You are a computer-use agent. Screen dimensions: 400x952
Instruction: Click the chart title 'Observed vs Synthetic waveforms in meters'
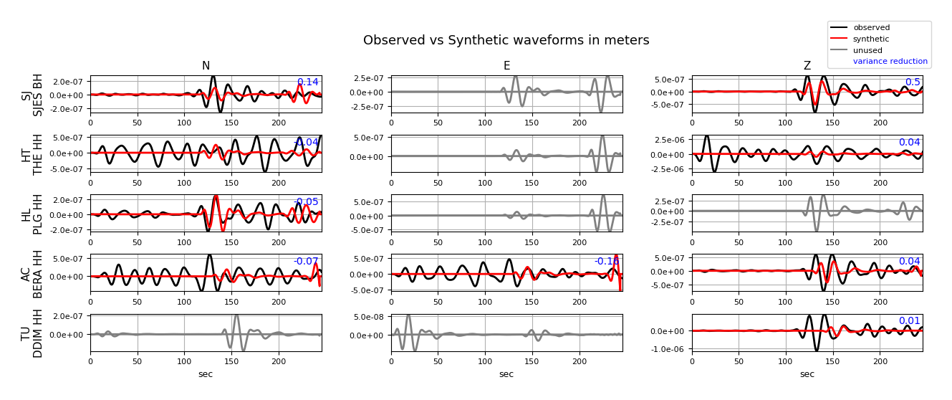(x=506, y=41)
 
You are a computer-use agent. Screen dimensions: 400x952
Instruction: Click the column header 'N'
(x=206, y=67)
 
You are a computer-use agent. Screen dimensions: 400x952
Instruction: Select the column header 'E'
(x=506, y=67)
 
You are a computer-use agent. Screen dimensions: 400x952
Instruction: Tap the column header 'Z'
(x=807, y=67)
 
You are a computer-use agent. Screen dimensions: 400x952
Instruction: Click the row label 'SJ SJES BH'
(x=32, y=94)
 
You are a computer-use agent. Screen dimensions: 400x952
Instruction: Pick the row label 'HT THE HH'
(x=32, y=153)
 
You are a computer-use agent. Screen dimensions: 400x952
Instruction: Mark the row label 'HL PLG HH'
(x=32, y=214)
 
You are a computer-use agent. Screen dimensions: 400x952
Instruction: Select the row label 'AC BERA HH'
(x=32, y=273)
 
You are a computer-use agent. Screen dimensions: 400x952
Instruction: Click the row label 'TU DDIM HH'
(x=32, y=333)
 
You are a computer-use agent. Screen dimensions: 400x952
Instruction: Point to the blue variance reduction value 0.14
(x=307, y=82)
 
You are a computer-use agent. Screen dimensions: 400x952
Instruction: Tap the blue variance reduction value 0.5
(x=913, y=82)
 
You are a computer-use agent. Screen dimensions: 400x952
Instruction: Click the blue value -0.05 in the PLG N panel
(x=306, y=202)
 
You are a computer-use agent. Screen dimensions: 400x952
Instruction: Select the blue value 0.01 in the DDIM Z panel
(x=909, y=321)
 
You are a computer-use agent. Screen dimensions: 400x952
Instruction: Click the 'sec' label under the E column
(x=506, y=374)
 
